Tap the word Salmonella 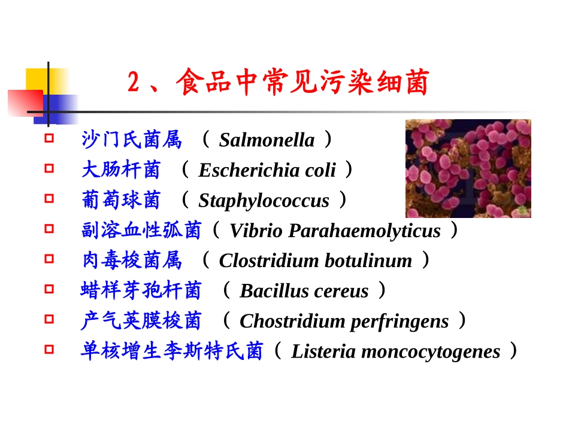[267, 140]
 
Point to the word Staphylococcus [264, 201]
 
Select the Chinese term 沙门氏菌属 [131, 140]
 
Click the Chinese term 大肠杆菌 [121, 170]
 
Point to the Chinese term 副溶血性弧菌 [141, 231]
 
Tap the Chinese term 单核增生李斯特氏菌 [172, 352]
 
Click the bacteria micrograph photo [468, 168]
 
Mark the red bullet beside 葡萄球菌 [49, 198]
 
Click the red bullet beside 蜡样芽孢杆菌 [49, 289]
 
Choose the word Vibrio [251, 231]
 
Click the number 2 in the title [134, 83]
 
